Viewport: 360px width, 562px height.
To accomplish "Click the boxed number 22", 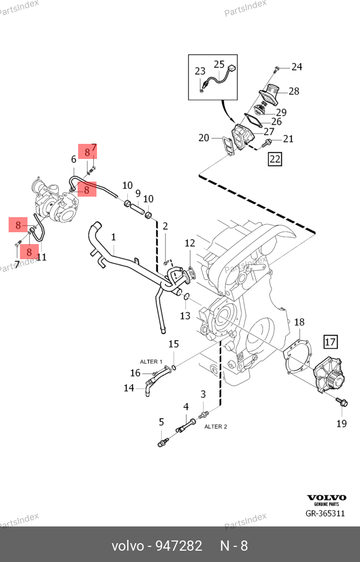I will point(275,158).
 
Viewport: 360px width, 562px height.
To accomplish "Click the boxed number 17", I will point(330,341).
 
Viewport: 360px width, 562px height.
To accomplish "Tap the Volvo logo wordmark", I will point(326,498).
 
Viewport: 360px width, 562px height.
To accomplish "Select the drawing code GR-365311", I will point(325,514).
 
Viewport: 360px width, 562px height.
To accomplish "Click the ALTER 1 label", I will point(152,362).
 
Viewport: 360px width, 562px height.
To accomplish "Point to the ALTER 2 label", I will point(216,427).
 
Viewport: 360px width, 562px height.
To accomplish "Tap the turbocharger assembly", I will point(57,202).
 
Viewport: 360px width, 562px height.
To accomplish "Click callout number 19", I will point(342,424).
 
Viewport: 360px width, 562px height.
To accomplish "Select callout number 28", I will point(294,91).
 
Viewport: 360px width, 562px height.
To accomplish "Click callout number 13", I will point(185,316).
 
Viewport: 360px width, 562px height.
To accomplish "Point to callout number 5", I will point(161,422).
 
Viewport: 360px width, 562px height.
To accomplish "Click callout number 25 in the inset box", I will point(219,65).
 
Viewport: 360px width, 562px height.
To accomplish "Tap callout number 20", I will point(204,138).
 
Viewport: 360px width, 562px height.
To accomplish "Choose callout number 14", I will point(129,387).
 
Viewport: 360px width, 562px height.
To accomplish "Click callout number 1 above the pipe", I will point(114,237).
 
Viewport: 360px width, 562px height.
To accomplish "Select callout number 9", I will point(138,193).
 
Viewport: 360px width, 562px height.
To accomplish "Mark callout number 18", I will point(299,322).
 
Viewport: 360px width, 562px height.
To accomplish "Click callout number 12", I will point(190,244).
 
